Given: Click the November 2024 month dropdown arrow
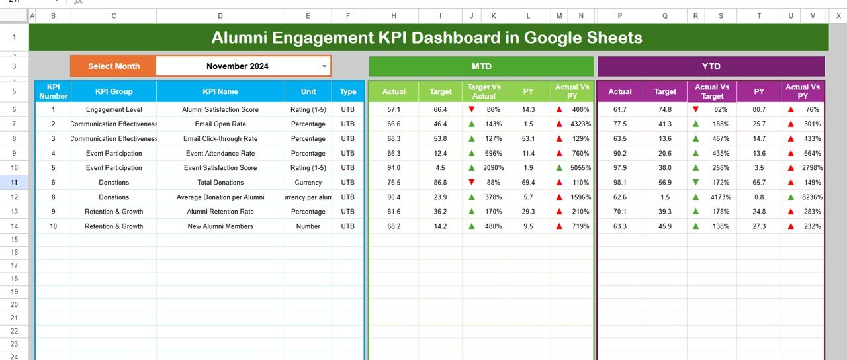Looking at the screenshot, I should [324, 66].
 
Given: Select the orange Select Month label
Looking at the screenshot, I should [114, 66].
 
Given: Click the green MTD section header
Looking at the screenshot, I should [481, 66].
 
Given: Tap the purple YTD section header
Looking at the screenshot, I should [711, 66].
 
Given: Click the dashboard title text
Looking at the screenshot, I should [427, 38].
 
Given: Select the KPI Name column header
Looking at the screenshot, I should [220, 91].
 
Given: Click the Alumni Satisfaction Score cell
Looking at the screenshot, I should [220, 109].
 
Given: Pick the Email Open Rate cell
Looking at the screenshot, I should [220, 124].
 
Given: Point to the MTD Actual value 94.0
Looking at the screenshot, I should [394, 167].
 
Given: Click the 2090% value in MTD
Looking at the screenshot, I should [493, 167].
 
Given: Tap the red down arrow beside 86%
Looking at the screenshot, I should [471, 109].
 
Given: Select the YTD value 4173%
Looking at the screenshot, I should [721, 197].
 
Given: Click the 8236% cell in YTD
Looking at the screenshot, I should [812, 197].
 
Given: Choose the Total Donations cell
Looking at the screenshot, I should [220, 182].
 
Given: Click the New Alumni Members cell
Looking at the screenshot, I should [220, 226].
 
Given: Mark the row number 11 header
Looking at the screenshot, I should [14, 182].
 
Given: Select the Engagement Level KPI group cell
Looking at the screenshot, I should [114, 109].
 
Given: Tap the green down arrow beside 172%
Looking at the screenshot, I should [695, 182].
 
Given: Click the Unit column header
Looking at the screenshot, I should [308, 91].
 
